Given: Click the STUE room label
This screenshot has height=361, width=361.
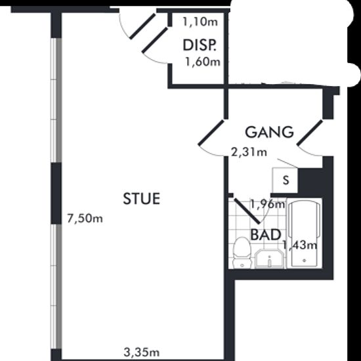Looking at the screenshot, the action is point(142,198).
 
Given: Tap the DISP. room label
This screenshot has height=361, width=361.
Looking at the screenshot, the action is point(200,45).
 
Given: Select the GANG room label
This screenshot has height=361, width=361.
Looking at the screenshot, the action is point(269,132).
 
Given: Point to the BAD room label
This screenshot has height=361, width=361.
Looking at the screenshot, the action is point(266,234).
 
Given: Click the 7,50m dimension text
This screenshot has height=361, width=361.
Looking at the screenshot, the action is point(85,219).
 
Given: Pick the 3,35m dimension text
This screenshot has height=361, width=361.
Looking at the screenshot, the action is point(142,352).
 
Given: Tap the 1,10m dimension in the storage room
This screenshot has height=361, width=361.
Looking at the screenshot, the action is point(200,22).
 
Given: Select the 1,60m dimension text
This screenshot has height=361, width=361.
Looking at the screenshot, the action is point(203,62).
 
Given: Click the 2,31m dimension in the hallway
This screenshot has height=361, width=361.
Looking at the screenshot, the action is point(249,152).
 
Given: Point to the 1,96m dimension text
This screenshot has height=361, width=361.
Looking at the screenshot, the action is point(268,204).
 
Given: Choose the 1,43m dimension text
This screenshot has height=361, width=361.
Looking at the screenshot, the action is point(300,245).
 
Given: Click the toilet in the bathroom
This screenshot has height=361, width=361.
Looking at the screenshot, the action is point(242,253).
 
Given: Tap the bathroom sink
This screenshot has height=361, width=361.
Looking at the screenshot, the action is point(270,259).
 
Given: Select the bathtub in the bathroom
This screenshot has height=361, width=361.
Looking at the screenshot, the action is point(305,234).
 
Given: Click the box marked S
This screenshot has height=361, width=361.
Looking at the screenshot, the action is point(285,180).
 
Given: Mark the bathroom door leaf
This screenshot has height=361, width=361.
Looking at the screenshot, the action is point(247,211).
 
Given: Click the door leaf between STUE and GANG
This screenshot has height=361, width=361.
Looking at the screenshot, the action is point(211,133).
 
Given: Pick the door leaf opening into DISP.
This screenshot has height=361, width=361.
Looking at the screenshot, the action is point(155,40).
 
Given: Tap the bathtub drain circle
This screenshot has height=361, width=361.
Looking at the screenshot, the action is point(305,261).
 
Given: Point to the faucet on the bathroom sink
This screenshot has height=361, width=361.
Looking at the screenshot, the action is point(270,261).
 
